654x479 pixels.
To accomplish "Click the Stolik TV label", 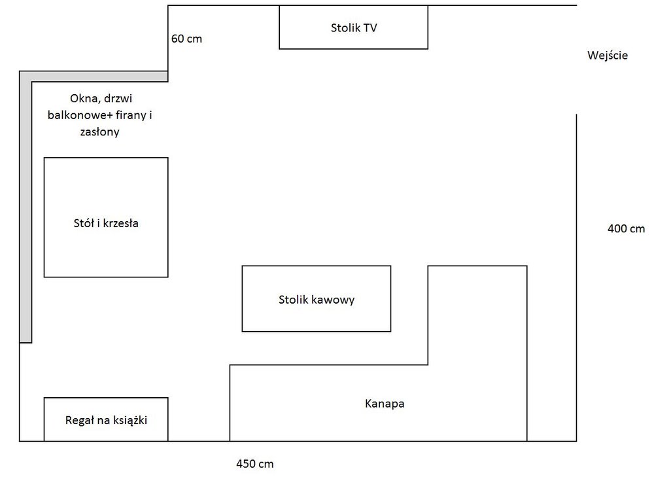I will [354, 27].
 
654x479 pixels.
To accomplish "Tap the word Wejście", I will [607, 56].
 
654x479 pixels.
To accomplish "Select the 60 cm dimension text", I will [186, 39].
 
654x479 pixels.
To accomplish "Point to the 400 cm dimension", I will [626, 228].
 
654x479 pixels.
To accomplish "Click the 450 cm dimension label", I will [254, 464].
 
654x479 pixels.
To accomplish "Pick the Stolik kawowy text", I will [316, 300].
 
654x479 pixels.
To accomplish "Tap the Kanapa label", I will [385, 404].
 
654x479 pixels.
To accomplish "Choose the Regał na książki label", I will [106, 420].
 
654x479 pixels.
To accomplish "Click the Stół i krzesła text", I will [106, 223].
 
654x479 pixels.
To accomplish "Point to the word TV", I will [370, 27].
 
